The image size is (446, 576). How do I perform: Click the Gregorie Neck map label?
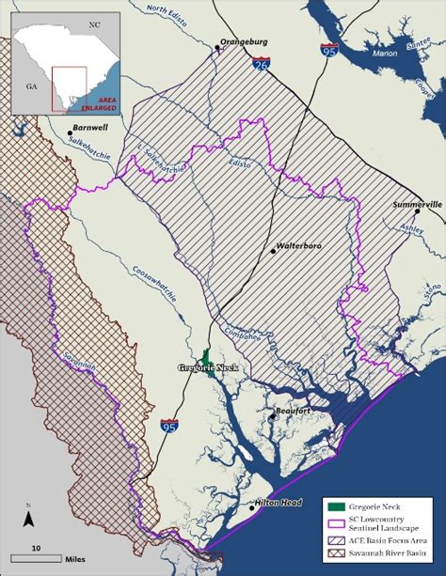(x=203, y=368)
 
